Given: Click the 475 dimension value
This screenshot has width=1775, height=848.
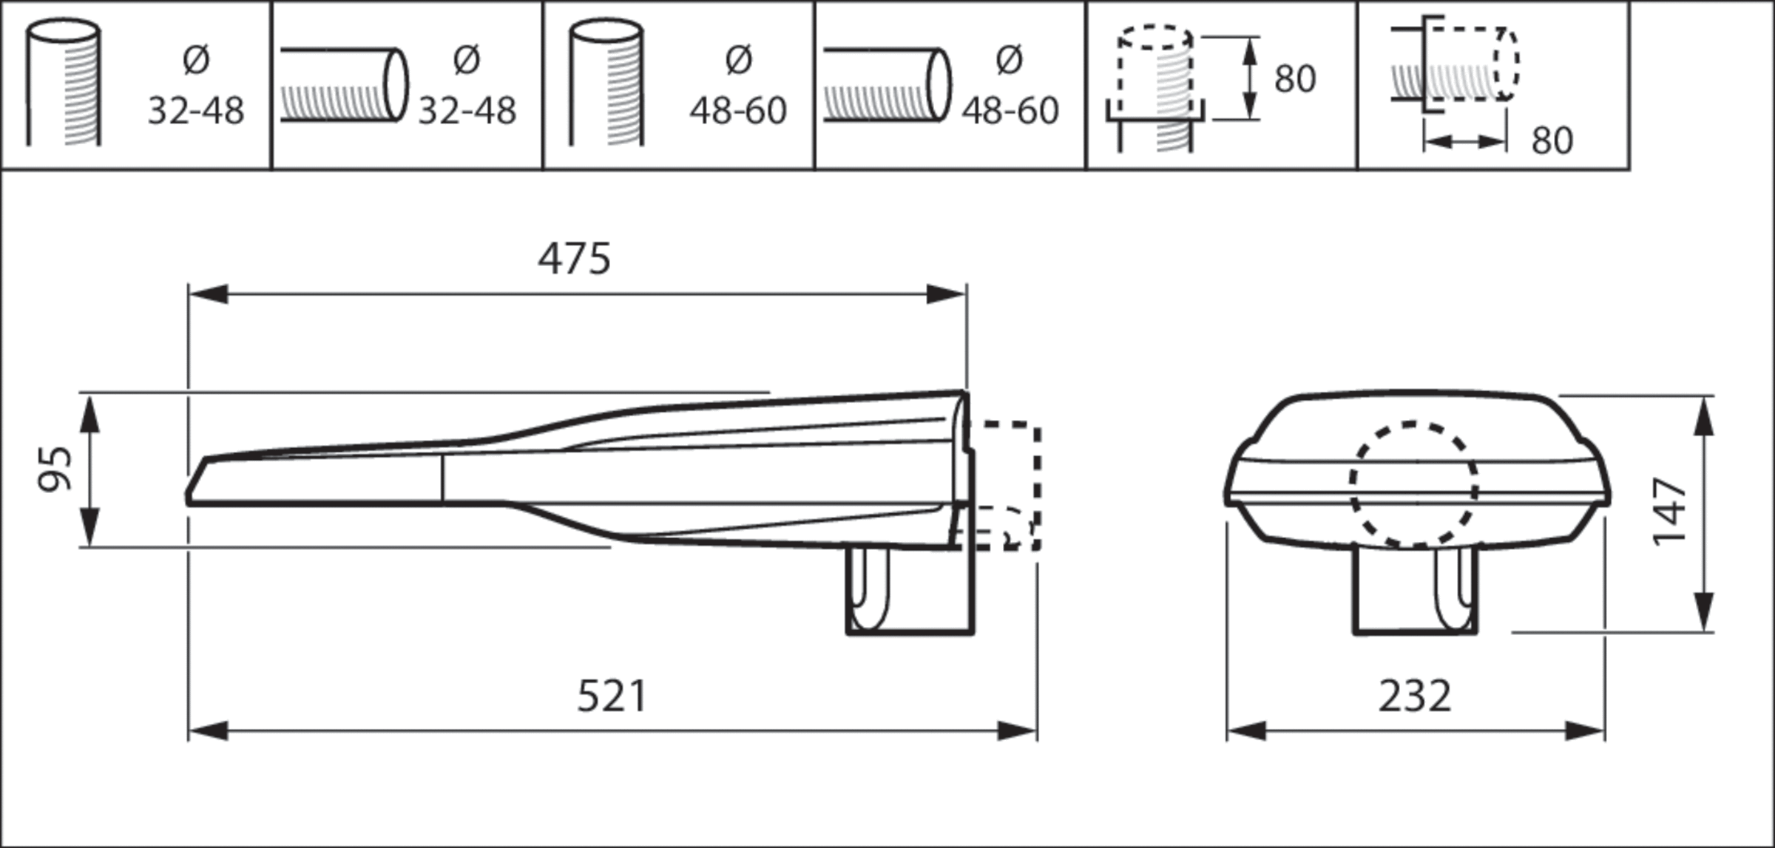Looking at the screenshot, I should pos(575,260).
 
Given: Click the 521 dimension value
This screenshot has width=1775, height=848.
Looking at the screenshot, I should pos(612,696).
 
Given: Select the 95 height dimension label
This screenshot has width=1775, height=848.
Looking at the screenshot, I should pos(55,469).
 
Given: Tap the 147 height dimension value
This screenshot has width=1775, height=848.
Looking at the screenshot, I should pos(1670,512).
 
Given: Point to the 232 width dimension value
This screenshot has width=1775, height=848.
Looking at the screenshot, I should pos(1414,696).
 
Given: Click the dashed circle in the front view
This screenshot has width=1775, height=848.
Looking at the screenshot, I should pos(1413,485).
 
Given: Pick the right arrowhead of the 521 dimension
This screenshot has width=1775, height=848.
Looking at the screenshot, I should pos(1017,732).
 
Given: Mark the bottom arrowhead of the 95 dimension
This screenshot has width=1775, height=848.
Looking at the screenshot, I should pos(89,528).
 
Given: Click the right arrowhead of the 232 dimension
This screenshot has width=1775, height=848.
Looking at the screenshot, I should pos(1585,732).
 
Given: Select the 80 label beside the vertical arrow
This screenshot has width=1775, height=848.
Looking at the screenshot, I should pos(1295,79).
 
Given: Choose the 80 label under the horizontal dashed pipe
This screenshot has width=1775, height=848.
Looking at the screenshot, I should pos(1552,140).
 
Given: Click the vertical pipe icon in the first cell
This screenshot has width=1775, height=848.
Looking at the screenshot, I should pos(64,83).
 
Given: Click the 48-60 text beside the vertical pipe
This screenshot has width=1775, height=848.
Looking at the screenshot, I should pos(737,111).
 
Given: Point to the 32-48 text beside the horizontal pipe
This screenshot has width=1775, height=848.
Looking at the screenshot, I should pos(467,111).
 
